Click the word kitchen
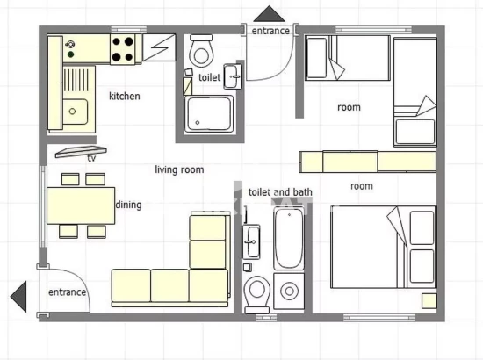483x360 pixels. pyautogui.click(x=124, y=96)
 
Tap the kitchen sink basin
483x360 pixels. pyautogui.click(x=75, y=112)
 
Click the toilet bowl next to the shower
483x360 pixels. pyautogui.click(x=201, y=53)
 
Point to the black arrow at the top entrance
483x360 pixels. pyautogui.click(x=270, y=14)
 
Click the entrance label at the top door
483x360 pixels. pyautogui.click(x=270, y=31)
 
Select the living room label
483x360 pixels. pyautogui.click(x=179, y=169)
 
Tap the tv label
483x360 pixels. pyautogui.click(x=90, y=158)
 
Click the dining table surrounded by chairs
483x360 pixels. pyautogui.click(x=81, y=205)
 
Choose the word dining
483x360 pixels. pyautogui.click(x=129, y=205)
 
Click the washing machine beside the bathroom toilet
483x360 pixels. pyautogui.click(x=288, y=291)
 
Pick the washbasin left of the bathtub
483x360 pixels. pyautogui.click(x=253, y=239)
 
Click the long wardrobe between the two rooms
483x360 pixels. pyautogui.click(x=368, y=162)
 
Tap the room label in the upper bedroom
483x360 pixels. pyautogui.click(x=349, y=107)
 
